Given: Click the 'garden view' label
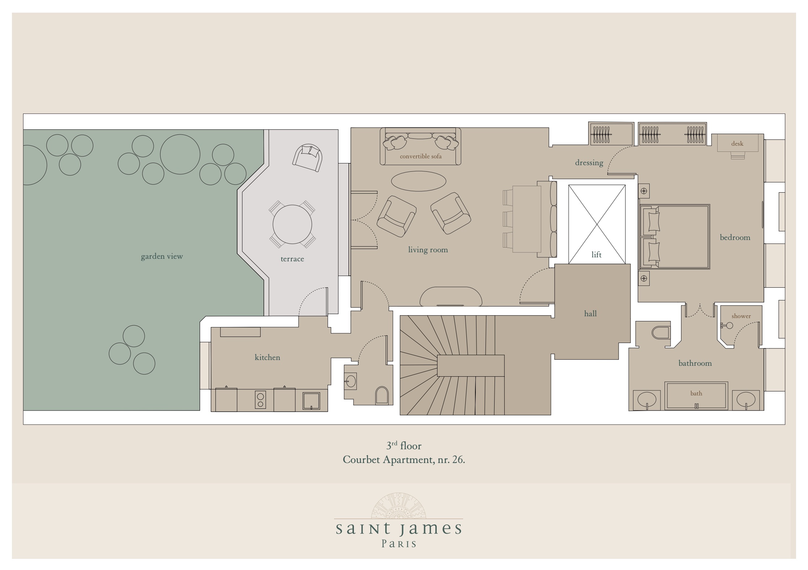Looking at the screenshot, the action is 162,256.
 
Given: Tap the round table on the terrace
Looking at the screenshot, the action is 292,224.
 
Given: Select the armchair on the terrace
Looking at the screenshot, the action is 308,158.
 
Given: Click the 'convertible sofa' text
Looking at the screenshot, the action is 420,157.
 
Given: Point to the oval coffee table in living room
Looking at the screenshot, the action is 419,181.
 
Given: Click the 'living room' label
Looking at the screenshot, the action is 428,249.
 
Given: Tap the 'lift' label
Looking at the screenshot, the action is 597,254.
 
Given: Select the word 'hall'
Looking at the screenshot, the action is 590,313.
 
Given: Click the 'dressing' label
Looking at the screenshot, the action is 589,163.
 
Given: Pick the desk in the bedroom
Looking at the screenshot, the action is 738,143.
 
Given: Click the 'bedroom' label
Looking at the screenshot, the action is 735,237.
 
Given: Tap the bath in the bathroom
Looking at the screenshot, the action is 696,395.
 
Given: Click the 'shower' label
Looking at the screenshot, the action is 741,316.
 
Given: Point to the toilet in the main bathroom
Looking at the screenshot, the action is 661,332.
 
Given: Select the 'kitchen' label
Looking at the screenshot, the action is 267,357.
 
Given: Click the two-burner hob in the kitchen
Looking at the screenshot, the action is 260,399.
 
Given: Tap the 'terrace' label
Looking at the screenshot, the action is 292,259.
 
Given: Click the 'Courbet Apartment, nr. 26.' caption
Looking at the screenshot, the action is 404,459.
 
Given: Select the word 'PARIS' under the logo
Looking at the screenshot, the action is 399,544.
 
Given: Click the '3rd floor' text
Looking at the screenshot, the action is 404,446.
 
